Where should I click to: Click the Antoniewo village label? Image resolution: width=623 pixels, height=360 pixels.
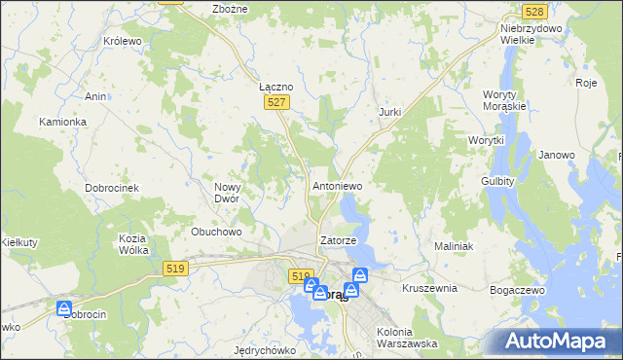[337, 185]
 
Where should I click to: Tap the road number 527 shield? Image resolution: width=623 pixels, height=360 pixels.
[277, 102]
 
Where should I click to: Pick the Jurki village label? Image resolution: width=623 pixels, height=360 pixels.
[389, 113]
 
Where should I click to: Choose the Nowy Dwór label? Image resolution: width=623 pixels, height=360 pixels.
[233, 192]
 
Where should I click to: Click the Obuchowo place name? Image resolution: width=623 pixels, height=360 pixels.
[216, 232]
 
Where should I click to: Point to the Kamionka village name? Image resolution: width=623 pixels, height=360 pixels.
[63, 122]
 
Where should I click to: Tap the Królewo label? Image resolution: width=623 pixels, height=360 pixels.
[123, 42]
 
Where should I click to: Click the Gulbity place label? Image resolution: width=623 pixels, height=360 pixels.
[497, 181]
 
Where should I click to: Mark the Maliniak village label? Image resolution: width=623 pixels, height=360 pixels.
[454, 246]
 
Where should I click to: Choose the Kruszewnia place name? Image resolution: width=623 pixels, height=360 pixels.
[429, 288]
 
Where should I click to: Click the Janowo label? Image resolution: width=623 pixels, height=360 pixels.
[557, 155]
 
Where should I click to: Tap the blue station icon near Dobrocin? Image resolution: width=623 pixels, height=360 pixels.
[64, 308]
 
